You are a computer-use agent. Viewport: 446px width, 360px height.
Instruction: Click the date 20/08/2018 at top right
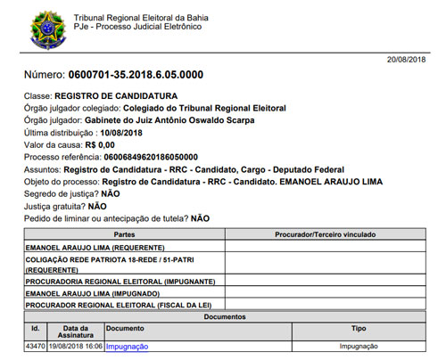click(408, 59)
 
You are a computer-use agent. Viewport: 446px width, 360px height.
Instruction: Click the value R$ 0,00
click(99, 144)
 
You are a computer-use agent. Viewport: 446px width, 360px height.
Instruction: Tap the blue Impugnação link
click(127, 346)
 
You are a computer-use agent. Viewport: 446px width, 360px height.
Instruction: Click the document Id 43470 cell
click(36, 346)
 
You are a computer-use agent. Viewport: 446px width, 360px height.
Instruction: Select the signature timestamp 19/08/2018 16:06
click(76, 346)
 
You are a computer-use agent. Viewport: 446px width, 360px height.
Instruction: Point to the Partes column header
click(124, 233)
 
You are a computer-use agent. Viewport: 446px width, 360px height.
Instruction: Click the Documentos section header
click(224, 316)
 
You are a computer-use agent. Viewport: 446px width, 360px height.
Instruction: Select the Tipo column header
click(359, 328)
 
